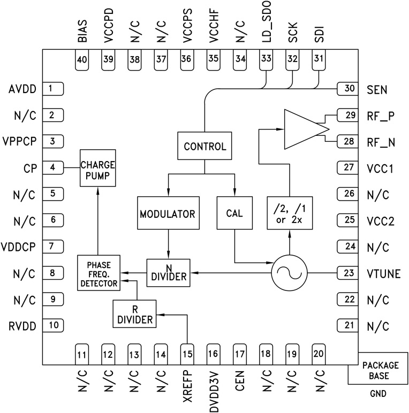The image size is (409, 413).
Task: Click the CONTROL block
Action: pyautogui.click(x=205, y=146)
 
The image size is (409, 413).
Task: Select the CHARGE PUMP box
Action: pyautogui.click(x=97, y=168)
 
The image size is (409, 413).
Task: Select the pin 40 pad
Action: pyautogui.click(x=82, y=60)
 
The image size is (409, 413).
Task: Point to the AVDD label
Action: pyautogui.click(x=22, y=89)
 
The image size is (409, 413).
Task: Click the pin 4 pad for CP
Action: pyautogui.click(x=52, y=167)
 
